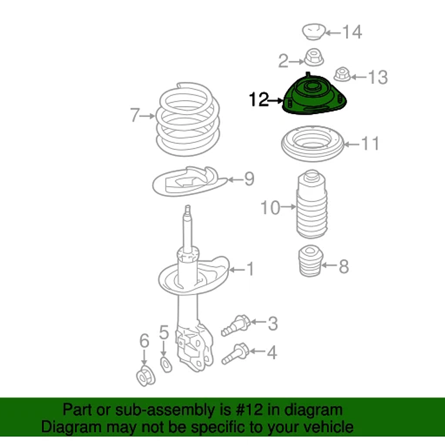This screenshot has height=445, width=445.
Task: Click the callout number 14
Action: [352, 32]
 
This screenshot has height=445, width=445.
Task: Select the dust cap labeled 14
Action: [313, 32]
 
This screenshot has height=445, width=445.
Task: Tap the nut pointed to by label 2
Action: [314, 57]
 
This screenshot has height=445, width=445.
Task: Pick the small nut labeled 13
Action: [343, 74]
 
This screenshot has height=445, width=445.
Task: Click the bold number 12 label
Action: [259, 100]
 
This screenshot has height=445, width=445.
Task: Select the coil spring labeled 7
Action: [187, 119]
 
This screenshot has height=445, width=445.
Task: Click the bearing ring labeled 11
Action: [313, 143]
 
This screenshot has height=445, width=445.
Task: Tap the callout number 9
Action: [249, 179]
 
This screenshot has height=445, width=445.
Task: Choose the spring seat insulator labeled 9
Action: [190, 182]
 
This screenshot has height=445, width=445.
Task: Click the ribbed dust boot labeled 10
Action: [312, 204]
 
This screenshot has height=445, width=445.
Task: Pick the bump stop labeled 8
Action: [311, 261]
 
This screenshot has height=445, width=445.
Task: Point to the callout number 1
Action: [250, 269]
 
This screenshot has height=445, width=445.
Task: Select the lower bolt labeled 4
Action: [235, 354]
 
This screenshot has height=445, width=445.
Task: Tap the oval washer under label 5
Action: [166, 365]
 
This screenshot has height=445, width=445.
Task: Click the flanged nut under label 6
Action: [146, 376]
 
